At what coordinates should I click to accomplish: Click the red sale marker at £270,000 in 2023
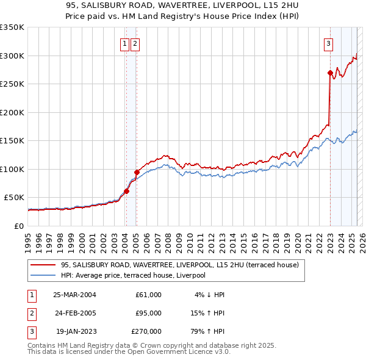[x=330, y=73]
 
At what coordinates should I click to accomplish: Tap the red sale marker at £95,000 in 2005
[x=137, y=172]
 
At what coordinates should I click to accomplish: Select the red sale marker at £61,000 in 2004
[x=126, y=191]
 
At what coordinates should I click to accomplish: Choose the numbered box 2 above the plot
[x=134, y=43]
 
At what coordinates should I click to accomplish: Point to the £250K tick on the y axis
[x=12, y=84]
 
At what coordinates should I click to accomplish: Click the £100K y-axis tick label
[x=12, y=169]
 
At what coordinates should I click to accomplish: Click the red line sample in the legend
[x=42, y=265]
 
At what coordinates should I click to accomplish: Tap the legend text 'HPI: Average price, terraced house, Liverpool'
[x=134, y=275]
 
